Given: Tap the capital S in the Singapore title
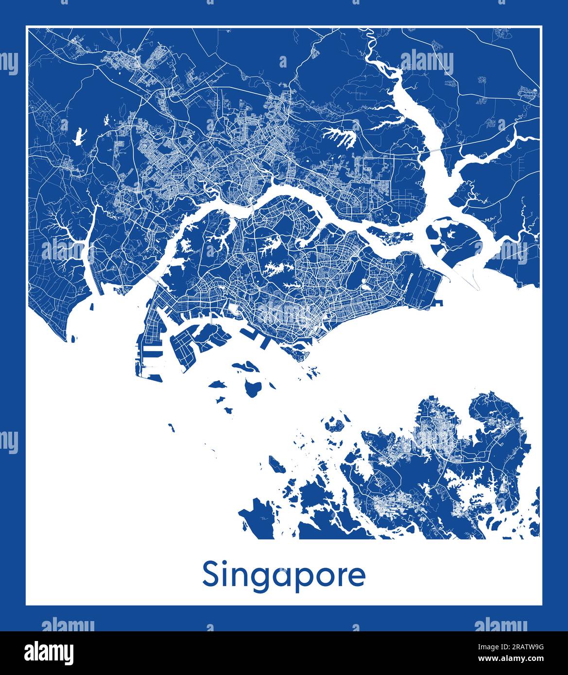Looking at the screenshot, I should (x=211, y=574).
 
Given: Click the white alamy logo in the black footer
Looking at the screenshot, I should (x=49, y=652).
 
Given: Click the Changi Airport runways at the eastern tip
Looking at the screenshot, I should (x=423, y=282).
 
